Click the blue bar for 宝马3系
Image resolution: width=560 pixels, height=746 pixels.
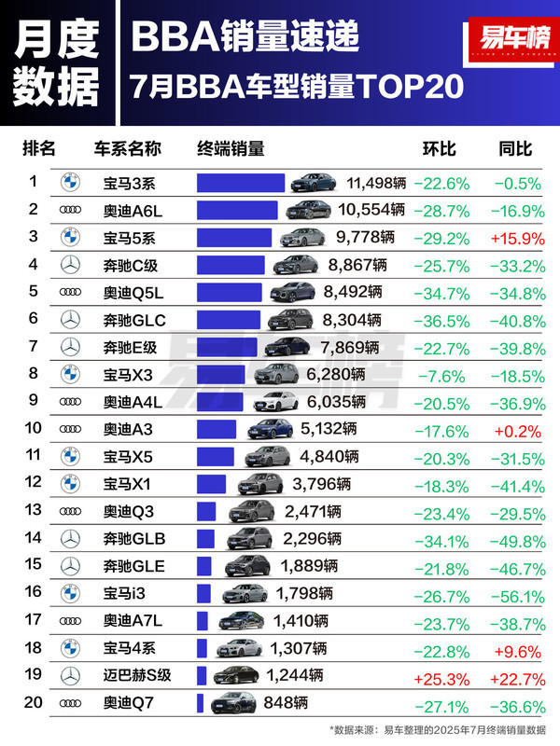tap(241, 183)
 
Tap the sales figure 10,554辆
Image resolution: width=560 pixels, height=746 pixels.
tap(371, 210)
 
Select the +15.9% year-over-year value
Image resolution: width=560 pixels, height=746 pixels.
tap(516, 238)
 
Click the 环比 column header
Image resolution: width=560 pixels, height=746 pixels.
tap(440, 149)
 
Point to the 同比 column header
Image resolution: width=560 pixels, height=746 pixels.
tap(515, 149)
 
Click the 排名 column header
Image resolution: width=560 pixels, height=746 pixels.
tap(39, 149)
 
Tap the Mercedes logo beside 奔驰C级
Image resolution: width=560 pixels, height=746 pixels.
tap(72, 265)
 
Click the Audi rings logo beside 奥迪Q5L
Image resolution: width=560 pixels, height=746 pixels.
tap(72, 293)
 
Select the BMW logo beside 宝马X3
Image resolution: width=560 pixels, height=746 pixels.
tap(72, 375)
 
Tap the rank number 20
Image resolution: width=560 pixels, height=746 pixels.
tap(34, 703)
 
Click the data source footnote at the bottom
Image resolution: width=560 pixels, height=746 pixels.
tap(438, 728)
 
